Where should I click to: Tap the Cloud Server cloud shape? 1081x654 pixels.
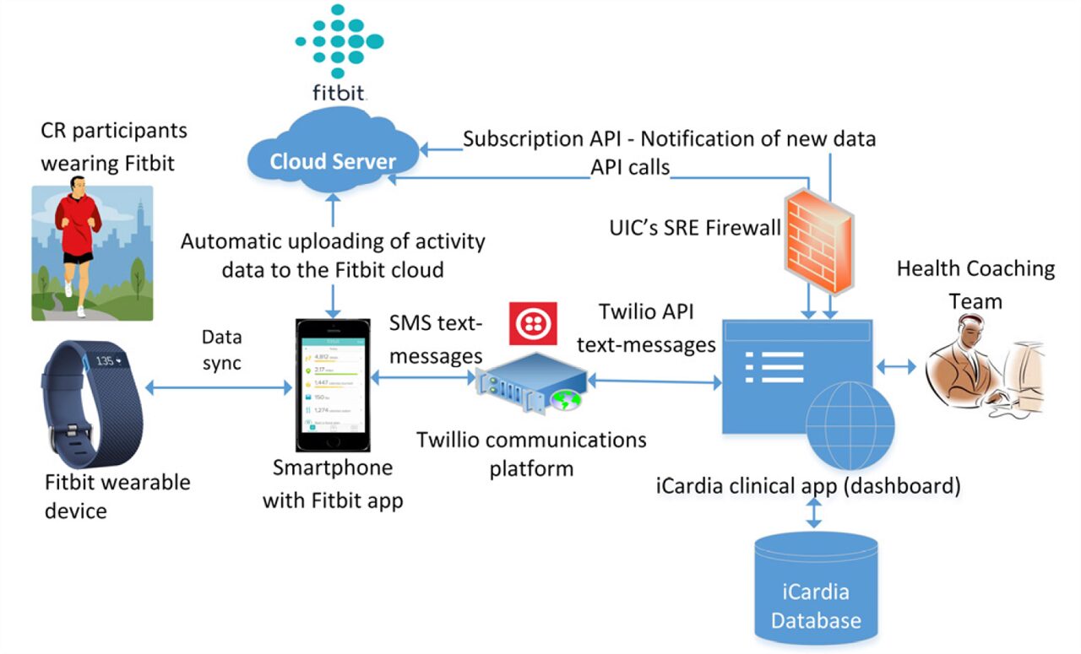pyautogui.click(x=334, y=156)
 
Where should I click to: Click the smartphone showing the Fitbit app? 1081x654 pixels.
pyautogui.click(x=332, y=384)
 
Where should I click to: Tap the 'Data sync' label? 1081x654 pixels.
pyautogui.click(x=222, y=349)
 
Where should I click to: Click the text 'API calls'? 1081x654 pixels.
pyautogui.click(x=630, y=167)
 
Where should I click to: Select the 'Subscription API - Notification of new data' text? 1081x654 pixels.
pyautogui.click(x=670, y=139)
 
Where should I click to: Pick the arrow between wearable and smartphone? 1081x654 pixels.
pyautogui.click(x=219, y=387)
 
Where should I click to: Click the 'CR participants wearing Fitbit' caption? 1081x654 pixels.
pyautogui.click(x=114, y=147)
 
